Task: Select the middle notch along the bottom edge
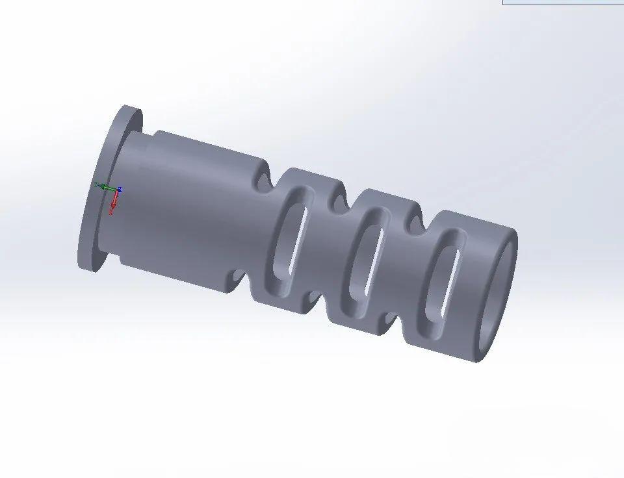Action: (x=316, y=299)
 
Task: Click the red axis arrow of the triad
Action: (x=112, y=207)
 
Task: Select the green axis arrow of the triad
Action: (x=102, y=187)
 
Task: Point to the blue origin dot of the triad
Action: (x=119, y=190)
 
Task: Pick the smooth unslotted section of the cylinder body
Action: (x=188, y=208)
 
